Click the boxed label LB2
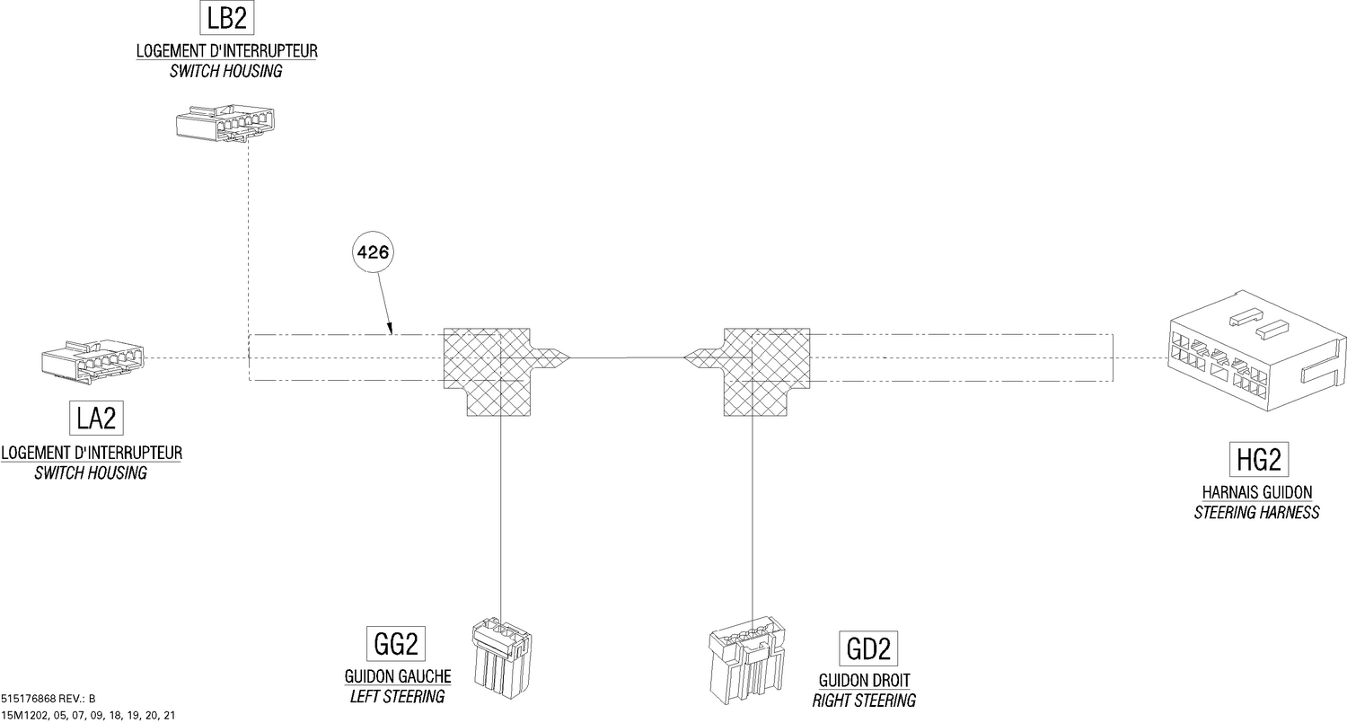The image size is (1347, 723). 226,18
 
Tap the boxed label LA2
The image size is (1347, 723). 96,418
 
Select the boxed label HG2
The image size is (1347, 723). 1259,460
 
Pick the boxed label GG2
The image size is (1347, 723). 396,644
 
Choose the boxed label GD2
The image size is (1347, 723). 868,648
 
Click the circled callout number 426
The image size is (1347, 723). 373,252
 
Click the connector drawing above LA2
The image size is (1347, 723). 92,361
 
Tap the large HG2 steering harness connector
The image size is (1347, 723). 1257,352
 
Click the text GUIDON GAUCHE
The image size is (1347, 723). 398,676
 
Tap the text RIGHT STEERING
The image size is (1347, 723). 864,701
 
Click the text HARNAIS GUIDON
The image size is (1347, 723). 1257,492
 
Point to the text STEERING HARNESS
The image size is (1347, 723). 1257,513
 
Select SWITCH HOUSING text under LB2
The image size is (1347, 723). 225,71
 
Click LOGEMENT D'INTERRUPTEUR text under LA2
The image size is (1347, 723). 92,453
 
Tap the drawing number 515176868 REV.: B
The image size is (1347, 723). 48,699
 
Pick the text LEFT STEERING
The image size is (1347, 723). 398,697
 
